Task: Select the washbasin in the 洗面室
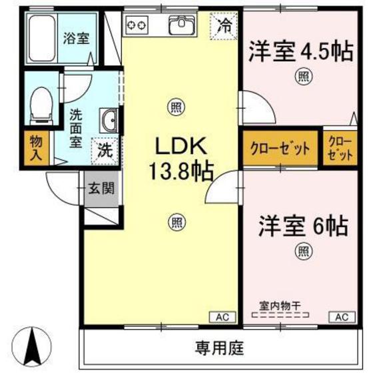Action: (109, 123)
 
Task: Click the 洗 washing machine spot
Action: (105, 150)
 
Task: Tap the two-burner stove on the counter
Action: (137, 26)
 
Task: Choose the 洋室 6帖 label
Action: (303, 226)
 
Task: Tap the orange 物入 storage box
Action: (35, 148)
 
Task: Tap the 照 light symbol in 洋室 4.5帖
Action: (303, 77)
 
